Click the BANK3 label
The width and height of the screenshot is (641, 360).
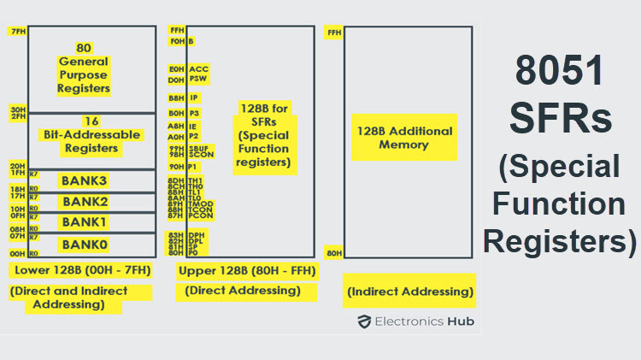(x=84, y=180)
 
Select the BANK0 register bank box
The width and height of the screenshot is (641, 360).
(x=84, y=245)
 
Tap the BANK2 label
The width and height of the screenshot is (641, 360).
(x=84, y=202)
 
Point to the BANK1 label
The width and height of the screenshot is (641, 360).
(x=84, y=223)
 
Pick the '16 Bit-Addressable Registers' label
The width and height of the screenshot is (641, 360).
(x=84, y=135)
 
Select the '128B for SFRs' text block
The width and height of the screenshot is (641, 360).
(x=264, y=135)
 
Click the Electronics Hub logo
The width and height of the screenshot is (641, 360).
(x=415, y=322)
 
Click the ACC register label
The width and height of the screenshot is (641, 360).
(x=198, y=68)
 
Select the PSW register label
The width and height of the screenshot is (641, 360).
(x=198, y=80)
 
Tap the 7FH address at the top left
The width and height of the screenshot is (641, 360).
(x=18, y=32)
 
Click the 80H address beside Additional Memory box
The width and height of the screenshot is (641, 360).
(x=334, y=252)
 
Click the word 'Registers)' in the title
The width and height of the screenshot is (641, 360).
(x=560, y=242)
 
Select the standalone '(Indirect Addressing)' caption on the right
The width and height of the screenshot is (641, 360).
(x=410, y=292)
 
